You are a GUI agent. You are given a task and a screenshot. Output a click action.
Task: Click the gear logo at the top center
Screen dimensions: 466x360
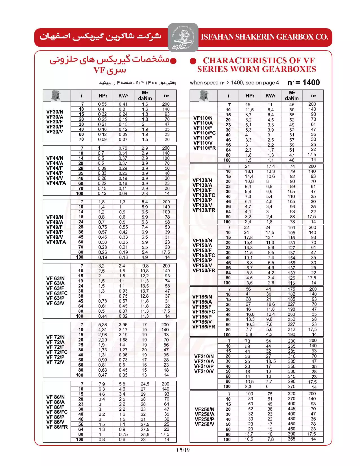point(183,37)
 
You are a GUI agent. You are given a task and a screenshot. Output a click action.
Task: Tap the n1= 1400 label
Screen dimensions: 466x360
point(303,82)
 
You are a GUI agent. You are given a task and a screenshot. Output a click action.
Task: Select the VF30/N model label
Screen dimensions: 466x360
point(55,112)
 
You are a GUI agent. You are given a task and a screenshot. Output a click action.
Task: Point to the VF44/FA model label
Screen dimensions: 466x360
point(56,183)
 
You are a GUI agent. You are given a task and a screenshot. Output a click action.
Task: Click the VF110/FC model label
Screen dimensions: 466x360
point(204,133)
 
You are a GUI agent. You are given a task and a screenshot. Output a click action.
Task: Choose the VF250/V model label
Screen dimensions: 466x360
point(204,424)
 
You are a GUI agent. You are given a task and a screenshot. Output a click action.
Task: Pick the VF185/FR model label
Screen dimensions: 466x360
point(204,327)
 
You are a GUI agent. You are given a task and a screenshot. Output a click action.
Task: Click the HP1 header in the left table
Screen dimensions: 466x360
point(102,96)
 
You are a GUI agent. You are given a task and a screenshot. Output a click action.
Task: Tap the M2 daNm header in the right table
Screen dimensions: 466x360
point(292,96)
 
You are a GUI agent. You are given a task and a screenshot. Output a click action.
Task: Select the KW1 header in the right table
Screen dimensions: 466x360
point(270,96)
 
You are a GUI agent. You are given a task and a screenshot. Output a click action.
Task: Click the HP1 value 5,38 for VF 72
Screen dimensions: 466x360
point(102,325)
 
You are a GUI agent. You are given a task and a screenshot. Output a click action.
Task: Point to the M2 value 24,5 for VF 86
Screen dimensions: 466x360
point(145,384)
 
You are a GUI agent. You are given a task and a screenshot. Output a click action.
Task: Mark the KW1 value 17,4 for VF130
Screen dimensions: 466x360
point(270,166)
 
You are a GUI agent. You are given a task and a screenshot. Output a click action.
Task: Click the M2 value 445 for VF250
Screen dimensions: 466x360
point(292,409)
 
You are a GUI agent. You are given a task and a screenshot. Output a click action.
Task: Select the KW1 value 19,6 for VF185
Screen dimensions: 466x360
point(270,304)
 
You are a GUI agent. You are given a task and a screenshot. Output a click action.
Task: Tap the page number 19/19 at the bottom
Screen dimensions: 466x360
point(183,450)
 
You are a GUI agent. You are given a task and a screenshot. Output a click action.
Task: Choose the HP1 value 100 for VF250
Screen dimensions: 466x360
point(249,394)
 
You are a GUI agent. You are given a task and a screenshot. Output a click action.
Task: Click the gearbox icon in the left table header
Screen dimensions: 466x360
point(56,96)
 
